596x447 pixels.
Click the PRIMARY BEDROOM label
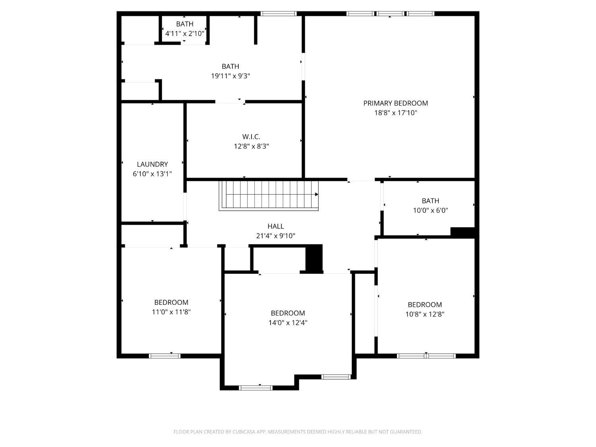pos(395,103)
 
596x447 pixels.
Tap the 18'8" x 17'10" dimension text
pos(395,112)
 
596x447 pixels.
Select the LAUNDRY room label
pos(152,164)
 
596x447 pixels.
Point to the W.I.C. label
pos(251,137)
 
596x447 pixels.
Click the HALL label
pos(276,226)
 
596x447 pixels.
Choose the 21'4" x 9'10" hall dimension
pos(276,236)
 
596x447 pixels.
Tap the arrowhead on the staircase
pos(316,194)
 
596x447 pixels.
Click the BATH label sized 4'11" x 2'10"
pos(185,24)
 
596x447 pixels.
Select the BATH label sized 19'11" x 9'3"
pos(230,66)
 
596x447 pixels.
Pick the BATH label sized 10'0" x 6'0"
pos(430,201)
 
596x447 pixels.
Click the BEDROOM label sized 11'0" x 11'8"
pos(171,302)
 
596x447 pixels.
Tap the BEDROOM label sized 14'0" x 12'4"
pos(288,313)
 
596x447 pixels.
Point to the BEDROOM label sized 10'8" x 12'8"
pos(425,304)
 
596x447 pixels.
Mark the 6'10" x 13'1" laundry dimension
pos(152,174)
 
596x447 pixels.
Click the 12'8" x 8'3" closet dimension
pos(251,146)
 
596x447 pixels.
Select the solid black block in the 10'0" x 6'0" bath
pos(462,232)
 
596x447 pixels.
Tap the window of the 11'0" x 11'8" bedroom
pos(164,356)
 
